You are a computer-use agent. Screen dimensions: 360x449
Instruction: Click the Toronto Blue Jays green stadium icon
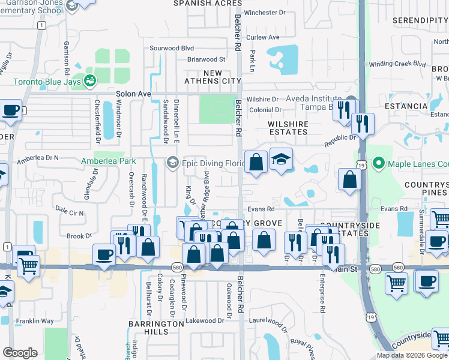(91, 80)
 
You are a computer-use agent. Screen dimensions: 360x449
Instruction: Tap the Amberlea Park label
(109, 161)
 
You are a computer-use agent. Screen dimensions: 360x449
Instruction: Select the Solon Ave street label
(133, 94)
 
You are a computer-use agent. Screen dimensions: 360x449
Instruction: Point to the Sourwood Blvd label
(172, 48)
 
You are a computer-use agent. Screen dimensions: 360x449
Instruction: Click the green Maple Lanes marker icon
(378, 163)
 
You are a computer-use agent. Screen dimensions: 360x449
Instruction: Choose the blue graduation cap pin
(281, 160)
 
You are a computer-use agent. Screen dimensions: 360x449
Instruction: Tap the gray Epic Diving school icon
(173, 163)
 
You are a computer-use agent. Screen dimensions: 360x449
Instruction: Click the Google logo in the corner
(20, 353)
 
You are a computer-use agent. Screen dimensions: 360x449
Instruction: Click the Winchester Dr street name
(268, 13)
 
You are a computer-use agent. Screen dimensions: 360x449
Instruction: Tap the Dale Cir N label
(69, 212)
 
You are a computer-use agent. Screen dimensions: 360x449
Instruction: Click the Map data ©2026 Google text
(412, 355)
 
